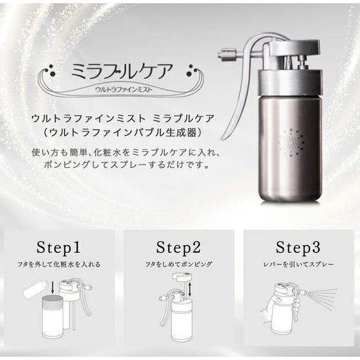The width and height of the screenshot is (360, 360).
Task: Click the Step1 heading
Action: pyautogui.click(x=59, y=247)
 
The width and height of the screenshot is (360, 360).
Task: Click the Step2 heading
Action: pyautogui.click(x=178, y=247)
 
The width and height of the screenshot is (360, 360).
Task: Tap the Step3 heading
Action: pyautogui.click(x=298, y=247)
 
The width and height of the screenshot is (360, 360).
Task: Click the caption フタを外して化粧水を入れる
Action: pyautogui.click(x=59, y=264)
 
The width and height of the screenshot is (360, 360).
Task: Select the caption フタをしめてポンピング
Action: pyautogui.click(x=178, y=264)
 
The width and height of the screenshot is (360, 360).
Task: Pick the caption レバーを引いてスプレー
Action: pyautogui.click(x=298, y=264)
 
